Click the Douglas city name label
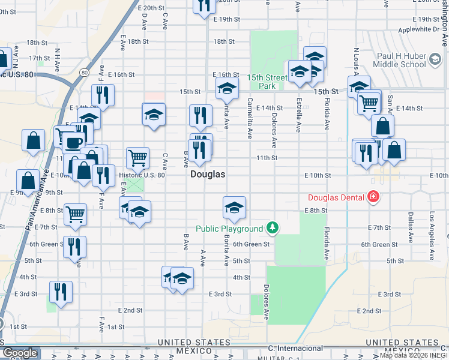pyautogui.click(x=208, y=175)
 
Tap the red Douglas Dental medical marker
pyautogui.click(x=373, y=196)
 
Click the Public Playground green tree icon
pyautogui.click(x=273, y=228)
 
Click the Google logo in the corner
pyautogui.click(x=20, y=353)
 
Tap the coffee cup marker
pyautogui.click(x=74, y=143)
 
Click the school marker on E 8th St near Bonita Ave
pyautogui.click(x=234, y=208)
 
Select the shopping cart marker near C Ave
pyautogui.click(x=138, y=158)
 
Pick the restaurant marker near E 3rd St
pyautogui.click(x=61, y=292)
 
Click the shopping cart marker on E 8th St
pyautogui.click(x=76, y=214)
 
